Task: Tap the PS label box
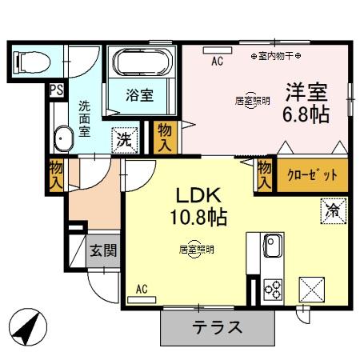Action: (x=56, y=90)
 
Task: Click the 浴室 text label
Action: (x=141, y=95)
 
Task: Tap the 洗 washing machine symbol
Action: (x=125, y=138)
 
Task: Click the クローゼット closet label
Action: (x=312, y=174)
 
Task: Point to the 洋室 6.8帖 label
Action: (x=306, y=102)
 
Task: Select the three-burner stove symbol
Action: (x=271, y=288)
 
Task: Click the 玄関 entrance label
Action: (x=102, y=250)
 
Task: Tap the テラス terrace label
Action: (x=217, y=327)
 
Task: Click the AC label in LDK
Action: (x=142, y=289)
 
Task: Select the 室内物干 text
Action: (x=277, y=56)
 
